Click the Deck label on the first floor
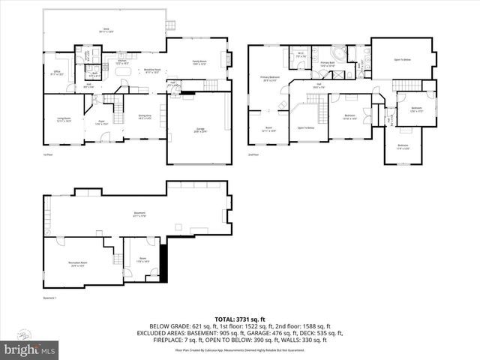106,31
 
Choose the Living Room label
64,118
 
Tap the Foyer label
100,122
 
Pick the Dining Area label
145,116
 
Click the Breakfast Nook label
151,71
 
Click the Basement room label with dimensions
139,214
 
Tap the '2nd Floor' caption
253,155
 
